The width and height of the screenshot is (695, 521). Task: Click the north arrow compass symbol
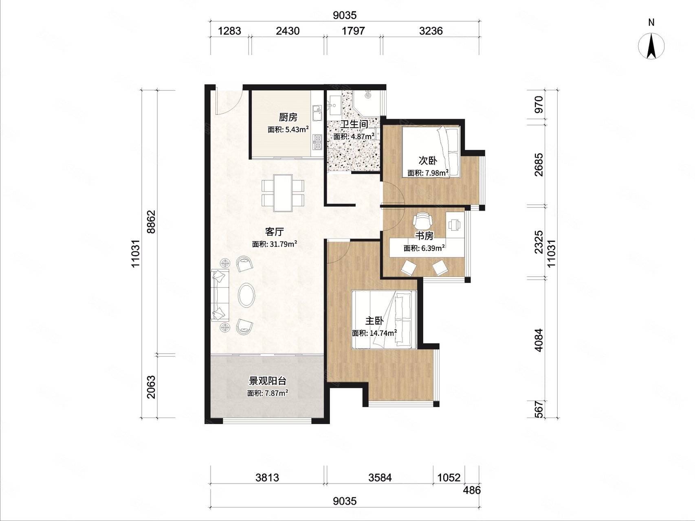coord(651,46)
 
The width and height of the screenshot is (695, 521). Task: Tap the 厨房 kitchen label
coord(288,117)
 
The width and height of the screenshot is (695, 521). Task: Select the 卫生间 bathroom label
coord(354,125)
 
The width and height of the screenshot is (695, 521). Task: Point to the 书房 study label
coord(424,236)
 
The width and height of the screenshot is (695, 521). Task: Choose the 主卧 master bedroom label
coord(374,321)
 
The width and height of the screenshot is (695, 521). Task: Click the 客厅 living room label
coord(274,232)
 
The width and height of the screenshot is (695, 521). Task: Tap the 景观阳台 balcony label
coord(268,381)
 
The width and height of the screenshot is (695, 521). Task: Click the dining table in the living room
coord(283,193)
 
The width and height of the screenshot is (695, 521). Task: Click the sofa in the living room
coord(220,295)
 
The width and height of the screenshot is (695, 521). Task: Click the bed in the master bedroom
coord(384,320)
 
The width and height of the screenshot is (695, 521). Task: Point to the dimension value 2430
coord(288,31)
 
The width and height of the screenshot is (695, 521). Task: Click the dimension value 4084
coord(539,340)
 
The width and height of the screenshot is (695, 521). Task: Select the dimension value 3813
coord(267,477)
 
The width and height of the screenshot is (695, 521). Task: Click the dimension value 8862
coord(151,222)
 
